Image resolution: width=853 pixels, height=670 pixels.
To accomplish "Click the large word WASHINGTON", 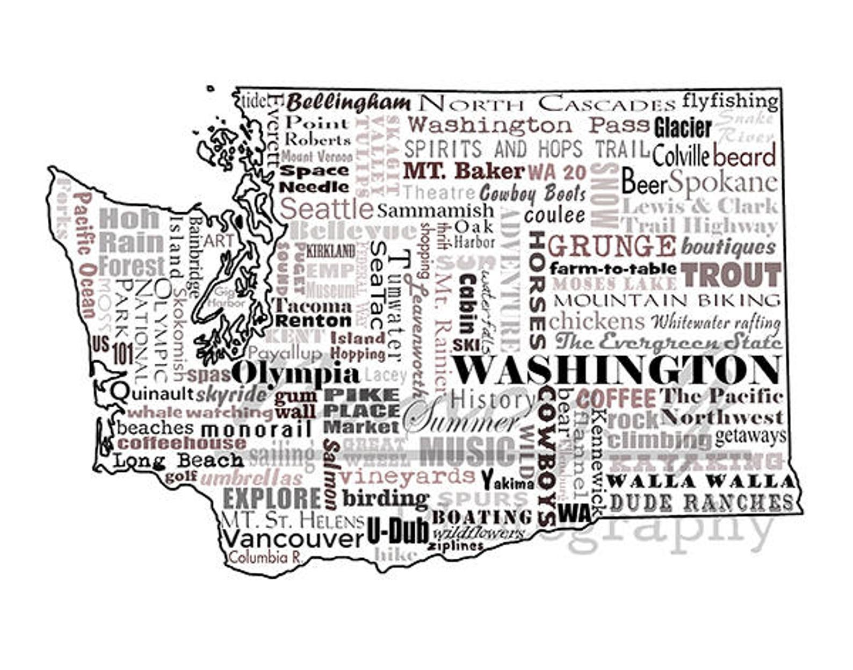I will [616, 370].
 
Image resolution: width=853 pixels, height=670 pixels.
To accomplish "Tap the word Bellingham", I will [348, 103].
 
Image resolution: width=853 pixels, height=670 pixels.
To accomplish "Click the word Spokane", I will [723, 183].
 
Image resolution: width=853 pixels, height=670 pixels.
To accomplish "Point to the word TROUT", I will [731, 275].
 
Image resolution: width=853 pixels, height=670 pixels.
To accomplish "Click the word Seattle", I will [326, 208].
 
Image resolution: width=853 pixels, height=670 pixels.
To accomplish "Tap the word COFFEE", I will [616, 399].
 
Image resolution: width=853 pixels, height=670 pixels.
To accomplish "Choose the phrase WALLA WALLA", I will [700, 481].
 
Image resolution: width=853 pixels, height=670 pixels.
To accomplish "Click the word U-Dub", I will [397, 531].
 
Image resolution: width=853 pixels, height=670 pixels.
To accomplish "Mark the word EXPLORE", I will [272, 499].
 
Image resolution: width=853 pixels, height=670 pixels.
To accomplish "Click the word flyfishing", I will [729, 101].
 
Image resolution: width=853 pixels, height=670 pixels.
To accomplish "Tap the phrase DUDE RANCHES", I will [701, 502].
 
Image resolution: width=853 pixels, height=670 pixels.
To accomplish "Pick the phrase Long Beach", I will [178, 461].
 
